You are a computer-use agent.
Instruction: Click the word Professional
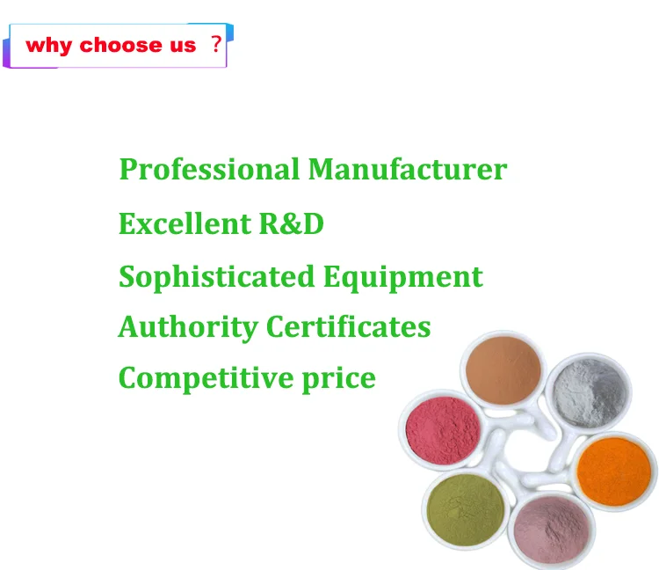click(209, 170)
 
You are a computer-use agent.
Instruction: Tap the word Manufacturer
click(408, 169)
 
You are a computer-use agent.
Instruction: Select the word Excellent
click(185, 223)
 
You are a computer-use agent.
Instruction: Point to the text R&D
click(291, 223)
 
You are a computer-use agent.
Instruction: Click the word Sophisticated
click(216, 277)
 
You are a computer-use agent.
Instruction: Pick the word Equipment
click(403, 278)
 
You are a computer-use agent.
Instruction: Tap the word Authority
click(188, 328)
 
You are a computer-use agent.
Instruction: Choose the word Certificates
click(349, 327)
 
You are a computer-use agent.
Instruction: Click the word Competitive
click(205, 378)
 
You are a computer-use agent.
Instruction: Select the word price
click(339, 379)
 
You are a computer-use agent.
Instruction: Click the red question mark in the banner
click(216, 44)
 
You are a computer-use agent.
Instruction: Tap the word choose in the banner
click(120, 45)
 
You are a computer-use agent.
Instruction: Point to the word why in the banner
click(48, 46)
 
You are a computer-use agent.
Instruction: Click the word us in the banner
click(183, 47)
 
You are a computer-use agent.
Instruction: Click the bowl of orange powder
click(613, 471)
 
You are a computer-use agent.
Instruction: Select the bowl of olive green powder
click(465, 509)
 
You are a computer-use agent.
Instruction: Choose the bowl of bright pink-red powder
click(443, 430)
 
